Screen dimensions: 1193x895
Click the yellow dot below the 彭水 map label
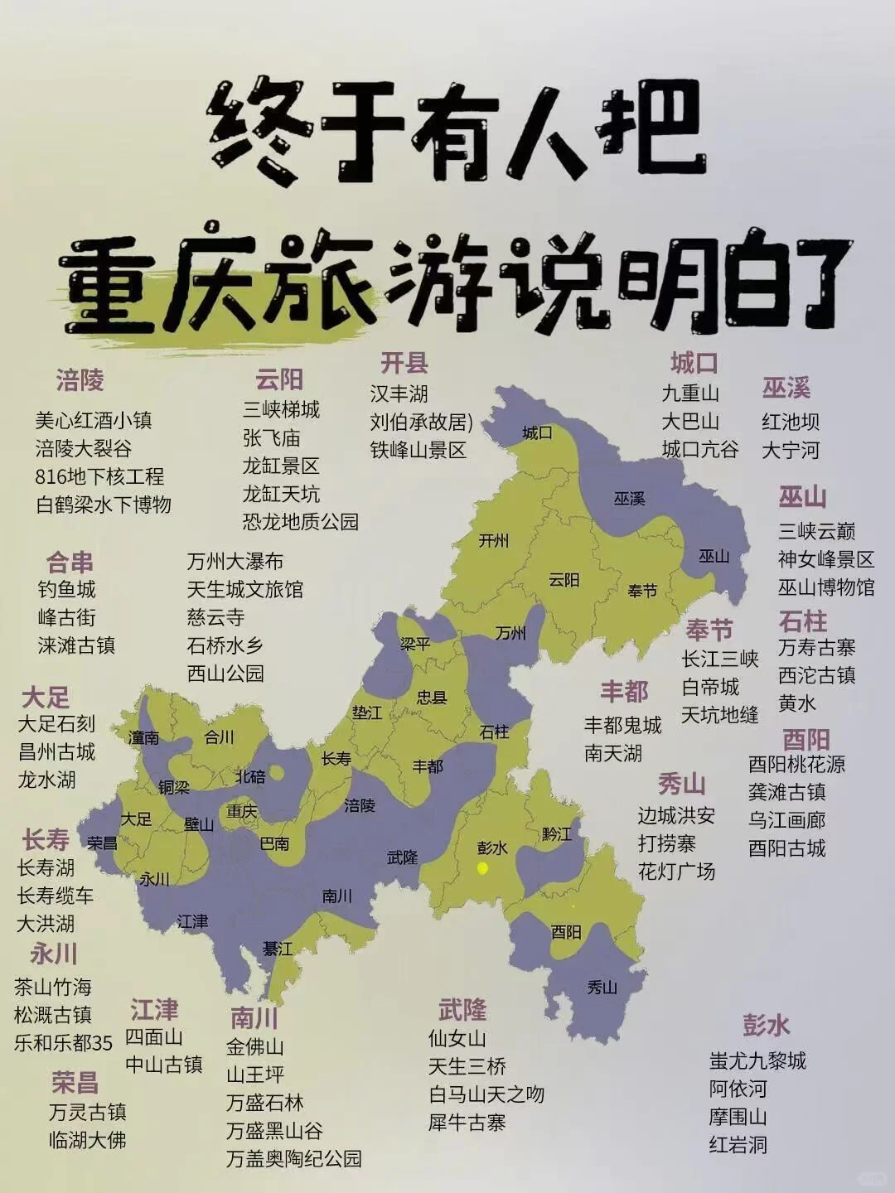[x=482, y=867]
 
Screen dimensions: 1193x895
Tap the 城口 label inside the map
[x=537, y=432]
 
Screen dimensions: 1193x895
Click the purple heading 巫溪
[x=786, y=388]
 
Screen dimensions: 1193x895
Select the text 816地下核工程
[x=99, y=476]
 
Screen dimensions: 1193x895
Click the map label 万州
[x=510, y=634]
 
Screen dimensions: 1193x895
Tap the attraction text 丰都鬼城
[x=622, y=726]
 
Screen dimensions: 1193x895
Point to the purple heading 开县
[x=404, y=363]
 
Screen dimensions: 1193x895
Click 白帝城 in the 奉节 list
[x=710, y=687]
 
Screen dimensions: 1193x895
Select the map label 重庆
[x=242, y=809]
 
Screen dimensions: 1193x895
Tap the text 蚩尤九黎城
[x=757, y=1060]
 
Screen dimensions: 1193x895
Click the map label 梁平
[x=415, y=643]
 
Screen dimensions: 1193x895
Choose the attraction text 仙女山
[x=457, y=1038]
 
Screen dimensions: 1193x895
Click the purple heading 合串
[x=70, y=563]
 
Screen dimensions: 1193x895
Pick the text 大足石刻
[x=57, y=724]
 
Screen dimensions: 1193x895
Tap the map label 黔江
[x=557, y=833]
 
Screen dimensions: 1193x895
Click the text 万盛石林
[x=264, y=1103]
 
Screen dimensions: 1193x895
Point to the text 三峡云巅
[x=816, y=531]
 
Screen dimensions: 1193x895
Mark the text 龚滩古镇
[x=786, y=792]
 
